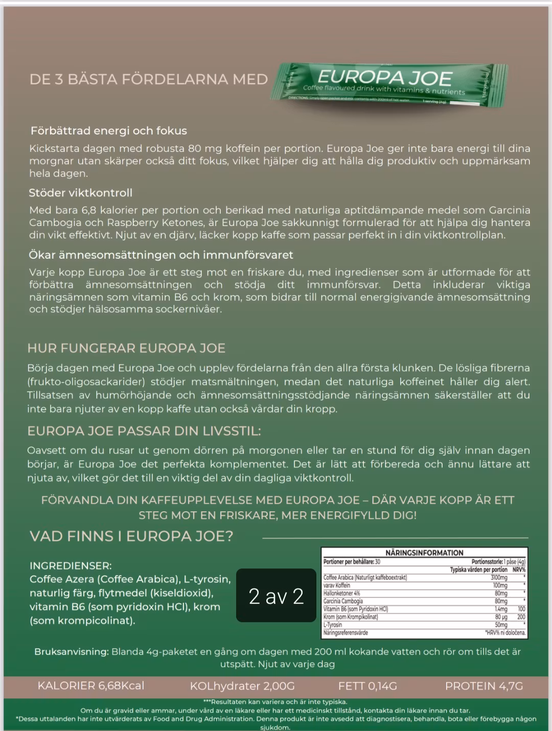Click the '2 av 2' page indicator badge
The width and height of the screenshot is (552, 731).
[x=276, y=596]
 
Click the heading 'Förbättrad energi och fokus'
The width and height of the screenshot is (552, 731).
[x=108, y=131]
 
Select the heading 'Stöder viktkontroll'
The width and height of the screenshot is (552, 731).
[x=80, y=193]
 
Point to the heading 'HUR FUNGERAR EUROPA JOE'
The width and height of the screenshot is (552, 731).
[x=126, y=349]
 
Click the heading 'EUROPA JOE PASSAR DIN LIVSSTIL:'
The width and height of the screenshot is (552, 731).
[x=144, y=431]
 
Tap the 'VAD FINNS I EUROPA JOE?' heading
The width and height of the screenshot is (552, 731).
[x=131, y=536]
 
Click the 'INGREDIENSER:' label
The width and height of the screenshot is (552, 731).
[x=71, y=566]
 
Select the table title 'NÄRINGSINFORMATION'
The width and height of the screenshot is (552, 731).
[x=424, y=553]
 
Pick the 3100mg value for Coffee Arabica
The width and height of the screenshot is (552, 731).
[x=499, y=578]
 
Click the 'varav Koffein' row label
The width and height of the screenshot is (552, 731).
[x=337, y=585]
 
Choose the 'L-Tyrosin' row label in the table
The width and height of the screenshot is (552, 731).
[x=333, y=625]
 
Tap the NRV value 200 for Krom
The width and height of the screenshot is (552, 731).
[x=521, y=617]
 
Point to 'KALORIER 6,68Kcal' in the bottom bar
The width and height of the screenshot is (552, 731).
[x=91, y=686]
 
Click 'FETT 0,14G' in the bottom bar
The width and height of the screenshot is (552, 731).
[x=367, y=686]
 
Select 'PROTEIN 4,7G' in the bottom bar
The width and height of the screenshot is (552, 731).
[x=484, y=686]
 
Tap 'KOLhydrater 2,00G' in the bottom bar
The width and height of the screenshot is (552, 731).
[x=242, y=686]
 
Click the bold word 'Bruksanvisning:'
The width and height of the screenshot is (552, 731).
[x=72, y=652]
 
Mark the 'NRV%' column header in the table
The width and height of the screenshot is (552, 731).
[x=519, y=569]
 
